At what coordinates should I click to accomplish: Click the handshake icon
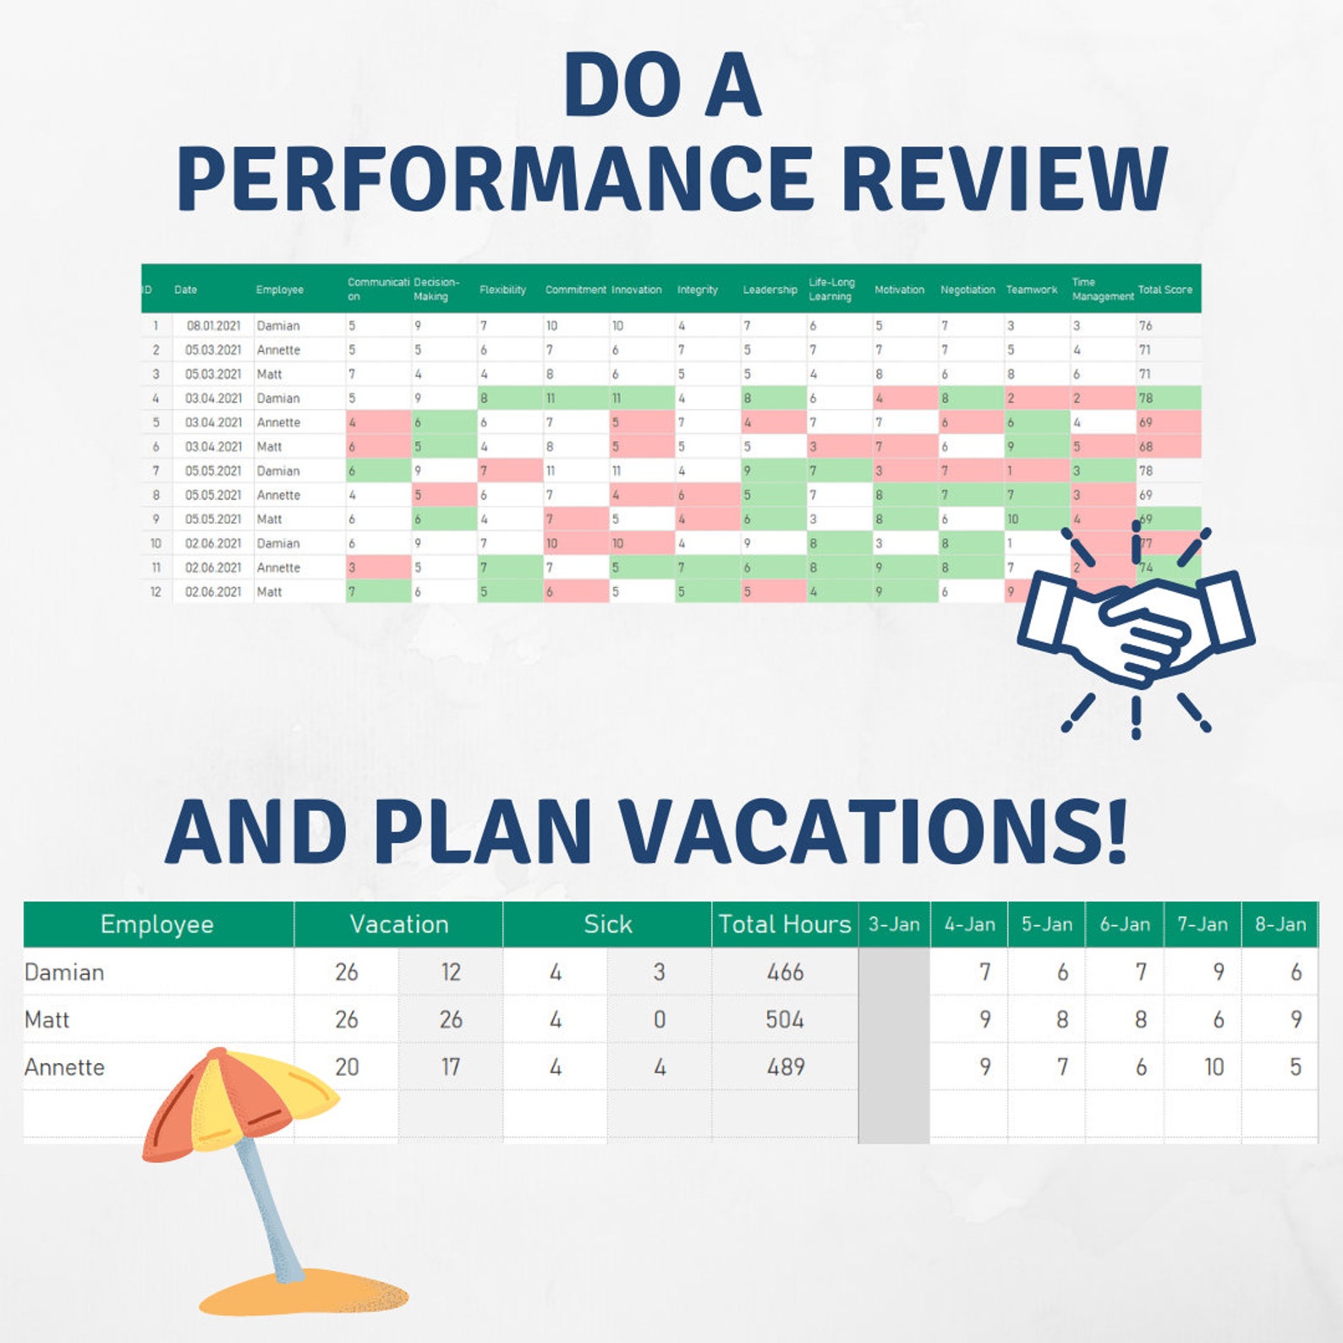pos(1136,630)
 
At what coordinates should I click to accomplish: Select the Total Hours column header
pos(784,924)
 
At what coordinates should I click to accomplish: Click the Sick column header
pos(607,924)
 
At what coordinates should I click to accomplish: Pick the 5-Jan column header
pos(1046,924)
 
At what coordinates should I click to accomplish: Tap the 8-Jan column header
pos(1280,924)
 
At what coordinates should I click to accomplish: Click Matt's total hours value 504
pos(784,1020)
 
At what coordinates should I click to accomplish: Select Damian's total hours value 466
pos(784,973)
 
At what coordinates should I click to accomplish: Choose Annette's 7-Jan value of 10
pos(1214,1067)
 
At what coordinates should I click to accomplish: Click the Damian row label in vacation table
pos(64,973)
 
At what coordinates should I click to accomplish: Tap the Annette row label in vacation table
pos(64,1067)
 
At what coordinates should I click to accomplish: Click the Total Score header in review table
pos(1165,289)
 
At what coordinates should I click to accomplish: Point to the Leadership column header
pos(770,289)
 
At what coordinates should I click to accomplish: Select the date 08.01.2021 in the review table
pos(213,326)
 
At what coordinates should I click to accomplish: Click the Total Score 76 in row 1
pos(1145,326)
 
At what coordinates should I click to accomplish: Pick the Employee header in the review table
pos(279,289)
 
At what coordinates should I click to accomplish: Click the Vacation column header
pos(398,924)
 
